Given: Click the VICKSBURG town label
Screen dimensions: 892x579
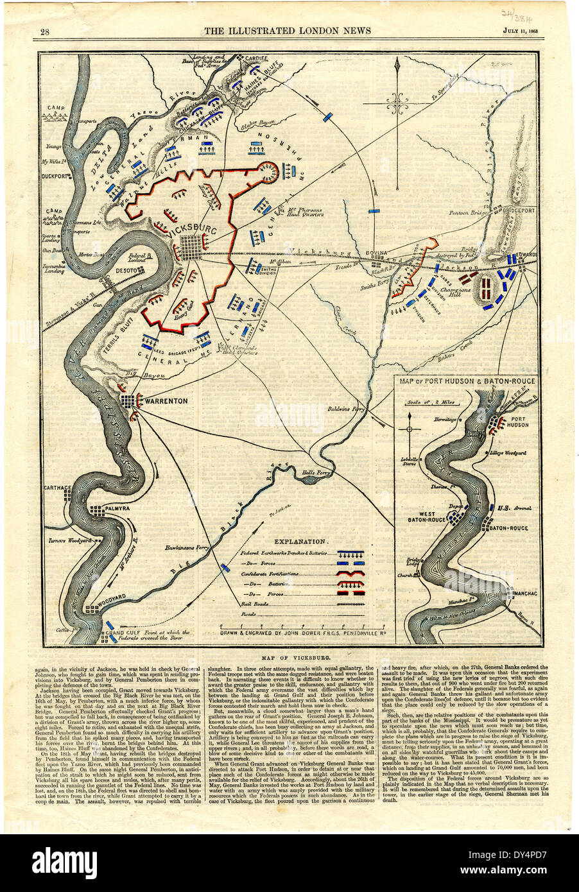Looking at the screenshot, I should (189, 229).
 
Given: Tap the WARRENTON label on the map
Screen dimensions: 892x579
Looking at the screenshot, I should (166, 401).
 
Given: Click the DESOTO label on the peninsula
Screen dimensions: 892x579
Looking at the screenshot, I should (126, 271).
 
